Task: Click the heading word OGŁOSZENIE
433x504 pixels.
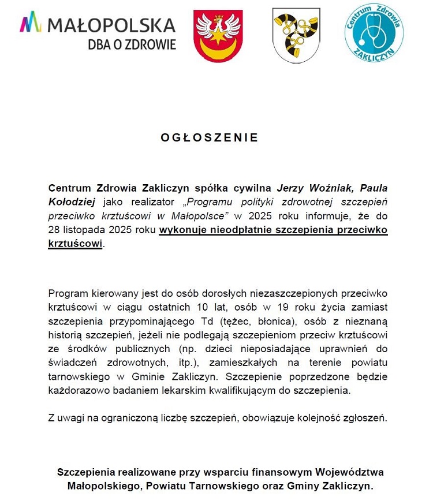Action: [209, 138]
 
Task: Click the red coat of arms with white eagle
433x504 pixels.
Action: [218, 36]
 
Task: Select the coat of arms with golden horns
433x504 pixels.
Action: [296, 36]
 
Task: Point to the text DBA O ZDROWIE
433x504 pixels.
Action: [132, 44]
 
